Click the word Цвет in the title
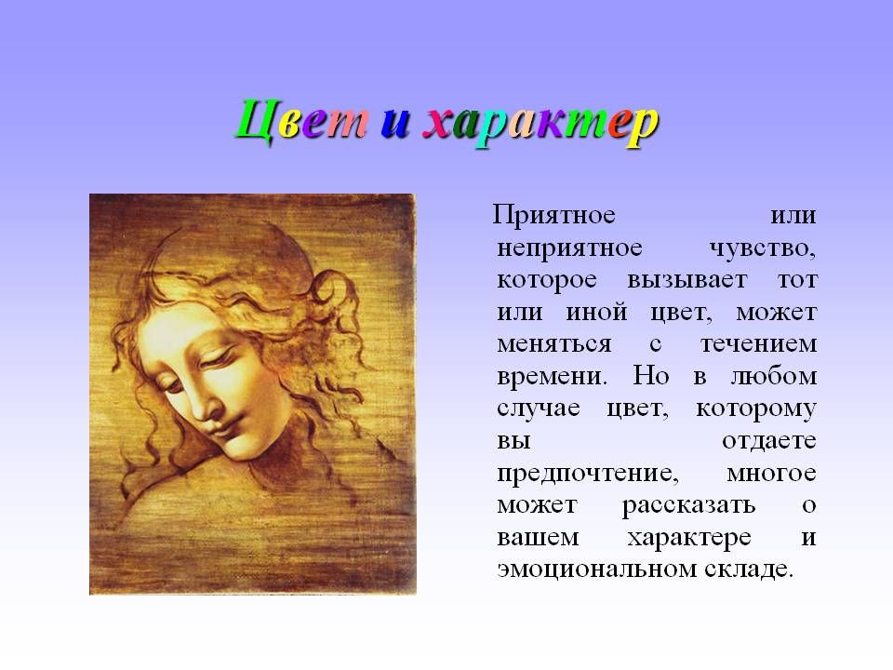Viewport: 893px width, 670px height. pyautogui.click(x=301, y=122)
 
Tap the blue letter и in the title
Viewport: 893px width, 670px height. pyautogui.click(x=395, y=124)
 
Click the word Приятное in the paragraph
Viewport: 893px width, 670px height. pyautogui.click(x=554, y=215)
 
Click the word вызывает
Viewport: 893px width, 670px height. pyautogui.click(x=686, y=280)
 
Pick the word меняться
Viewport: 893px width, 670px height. pyautogui.click(x=554, y=344)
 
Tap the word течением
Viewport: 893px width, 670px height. pyautogui.click(x=758, y=344)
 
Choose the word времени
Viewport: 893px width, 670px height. pyautogui.click(x=549, y=377)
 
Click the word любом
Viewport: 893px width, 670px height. pyautogui.click(x=773, y=377)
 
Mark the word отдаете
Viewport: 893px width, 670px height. pyautogui.click(x=769, y=441)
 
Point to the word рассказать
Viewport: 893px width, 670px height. pyautogui.click(x=688, y=506)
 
